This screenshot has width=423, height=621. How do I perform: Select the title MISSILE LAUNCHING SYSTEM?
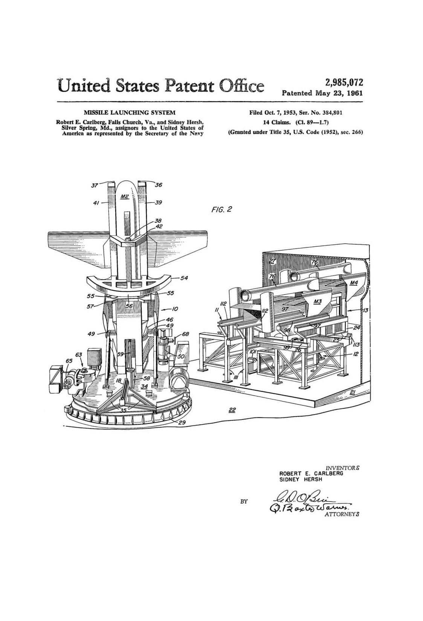(x=129, y=113)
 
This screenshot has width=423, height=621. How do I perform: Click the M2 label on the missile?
(x=125, y=196)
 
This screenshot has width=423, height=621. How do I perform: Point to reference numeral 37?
(x=95, y=185)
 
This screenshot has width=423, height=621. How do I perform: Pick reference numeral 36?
(x=159, y=185)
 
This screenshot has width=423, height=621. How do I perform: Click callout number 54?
(x=184, y=278)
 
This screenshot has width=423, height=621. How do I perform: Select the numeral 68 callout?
(x=185, y=334)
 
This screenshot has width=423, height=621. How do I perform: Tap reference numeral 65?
(x=69, y=361)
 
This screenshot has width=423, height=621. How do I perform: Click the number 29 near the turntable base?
(x=182, y=423)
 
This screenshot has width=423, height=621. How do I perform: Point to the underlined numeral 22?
(x=232, y=410)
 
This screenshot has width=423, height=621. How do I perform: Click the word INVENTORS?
(x=342, y=468)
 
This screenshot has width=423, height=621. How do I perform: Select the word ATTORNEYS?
(x=342, y=514)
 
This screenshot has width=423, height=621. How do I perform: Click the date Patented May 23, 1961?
(x=322, y=93)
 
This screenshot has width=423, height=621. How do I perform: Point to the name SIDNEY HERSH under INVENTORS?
(x=301, y=479)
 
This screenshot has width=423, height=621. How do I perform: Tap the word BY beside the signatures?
(x=244, y=501)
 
